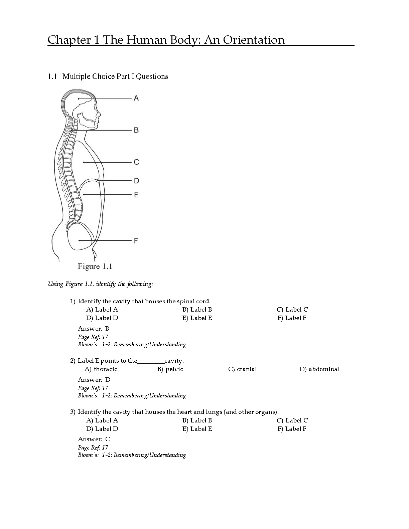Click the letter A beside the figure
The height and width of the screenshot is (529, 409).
pyautogui.click(x=136, y=98)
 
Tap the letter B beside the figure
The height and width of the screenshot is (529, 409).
pyautogui.click(x=136, y=130)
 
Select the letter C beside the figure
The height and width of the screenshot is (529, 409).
pyautogui.click(x=136, y=162)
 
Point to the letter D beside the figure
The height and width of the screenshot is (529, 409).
pyautogui.click(x=136, y=181)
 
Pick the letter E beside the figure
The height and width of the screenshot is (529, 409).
pyautogui.click(x=136, y=194)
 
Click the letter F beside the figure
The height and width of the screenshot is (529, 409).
pyautogui.click(x=136, y=240)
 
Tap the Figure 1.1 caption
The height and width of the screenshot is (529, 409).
pyautogui.click(x=95, y=267)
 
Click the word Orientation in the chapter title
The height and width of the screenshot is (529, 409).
pyautogui.click(x=254, y=40)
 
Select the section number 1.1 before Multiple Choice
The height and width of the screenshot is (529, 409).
pyautogui.click(x=52, y=76)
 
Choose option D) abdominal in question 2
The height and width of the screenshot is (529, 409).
pyautogui.click(x=319, y=369)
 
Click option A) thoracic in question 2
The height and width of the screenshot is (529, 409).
pyautogui.click(x=101, y=369)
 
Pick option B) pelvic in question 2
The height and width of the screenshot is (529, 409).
pyautogui.click(x=170, y=369)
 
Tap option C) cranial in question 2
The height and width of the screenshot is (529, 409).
pyautogui.click(x=242, y=369)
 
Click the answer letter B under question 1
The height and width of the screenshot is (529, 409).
pyautogui.click(x=107, y=329)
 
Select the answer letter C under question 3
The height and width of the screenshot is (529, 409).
pyautogui.click(x=107, y=439)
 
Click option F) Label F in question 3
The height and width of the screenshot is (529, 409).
pyautogui.click(x=292, y=429)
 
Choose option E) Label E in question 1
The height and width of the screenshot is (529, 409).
pyautogui.click(x=197, y=318)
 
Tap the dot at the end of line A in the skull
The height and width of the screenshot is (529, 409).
pyautogui.click(x=79, y=99)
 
